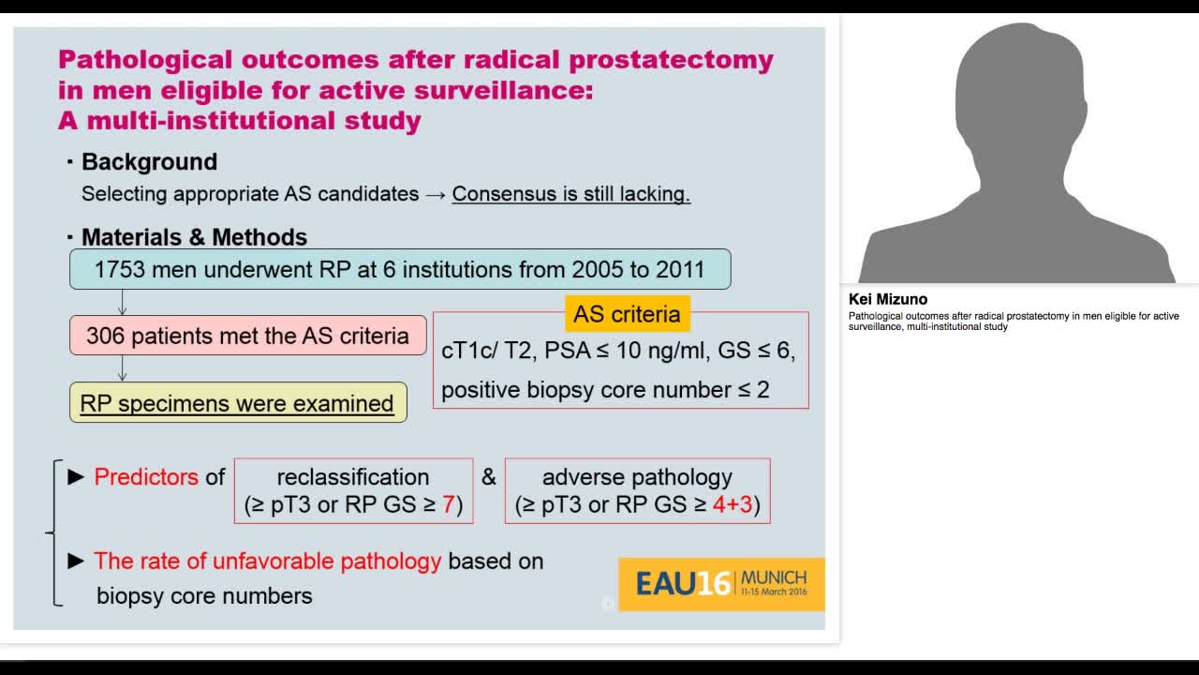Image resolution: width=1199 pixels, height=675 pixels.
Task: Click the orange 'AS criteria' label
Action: click(627, 314)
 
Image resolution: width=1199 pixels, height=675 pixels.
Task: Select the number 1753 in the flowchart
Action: click(120, 270)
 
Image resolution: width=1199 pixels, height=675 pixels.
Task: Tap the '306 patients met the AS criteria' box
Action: click(247, 336)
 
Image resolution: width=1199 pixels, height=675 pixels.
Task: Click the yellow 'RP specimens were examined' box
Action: click(238, 403)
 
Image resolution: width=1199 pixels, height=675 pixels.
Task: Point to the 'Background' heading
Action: click(149, 162)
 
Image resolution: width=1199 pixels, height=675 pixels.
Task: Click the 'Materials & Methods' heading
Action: click(194, 237)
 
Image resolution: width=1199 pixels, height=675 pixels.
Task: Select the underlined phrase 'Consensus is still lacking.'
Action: click(570, 194)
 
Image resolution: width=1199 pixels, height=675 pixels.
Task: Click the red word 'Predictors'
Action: click(146, 477)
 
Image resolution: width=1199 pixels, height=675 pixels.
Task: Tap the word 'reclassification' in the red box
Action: click(353, 477)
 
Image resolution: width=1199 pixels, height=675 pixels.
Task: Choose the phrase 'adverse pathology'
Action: click(637, 477)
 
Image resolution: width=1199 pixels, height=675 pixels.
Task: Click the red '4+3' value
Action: click(733, 504)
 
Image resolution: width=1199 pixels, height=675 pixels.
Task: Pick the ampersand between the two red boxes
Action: click(489, 477)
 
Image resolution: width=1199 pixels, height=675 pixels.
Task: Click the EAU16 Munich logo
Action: click(721, 584)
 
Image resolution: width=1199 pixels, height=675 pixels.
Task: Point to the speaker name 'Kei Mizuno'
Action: click(887, 300)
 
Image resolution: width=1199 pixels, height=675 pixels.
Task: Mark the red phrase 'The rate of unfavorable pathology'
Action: click(267, 562)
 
